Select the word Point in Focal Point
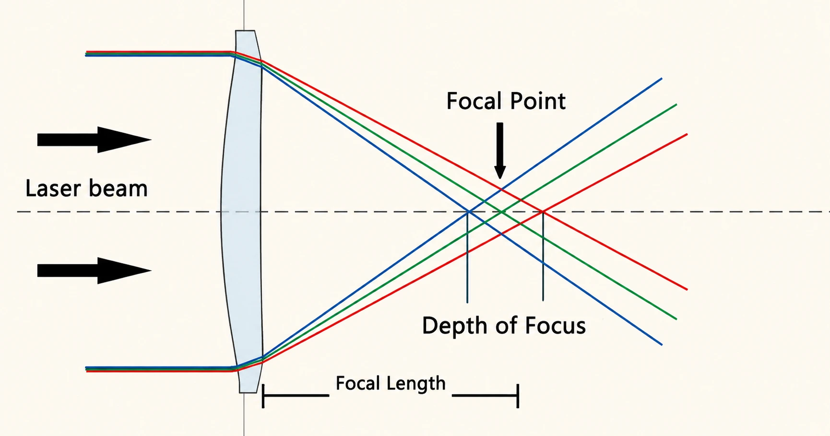coord(538,101)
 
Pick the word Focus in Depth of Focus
coord(555,326)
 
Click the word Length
coord(416,384)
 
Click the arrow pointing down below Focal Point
coord(500,151)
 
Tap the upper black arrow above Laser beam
coord(95,140)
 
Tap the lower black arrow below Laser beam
coord(95,271)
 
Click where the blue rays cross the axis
coord(468,212)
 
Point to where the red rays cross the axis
coord(543,212)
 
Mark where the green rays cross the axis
coord(501,212)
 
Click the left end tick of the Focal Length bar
coord(263,396)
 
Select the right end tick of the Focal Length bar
coord(518,396)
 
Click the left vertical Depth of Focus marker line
coord(467,257)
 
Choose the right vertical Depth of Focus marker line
coord(543,256)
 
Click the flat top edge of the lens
coord(245,31)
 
